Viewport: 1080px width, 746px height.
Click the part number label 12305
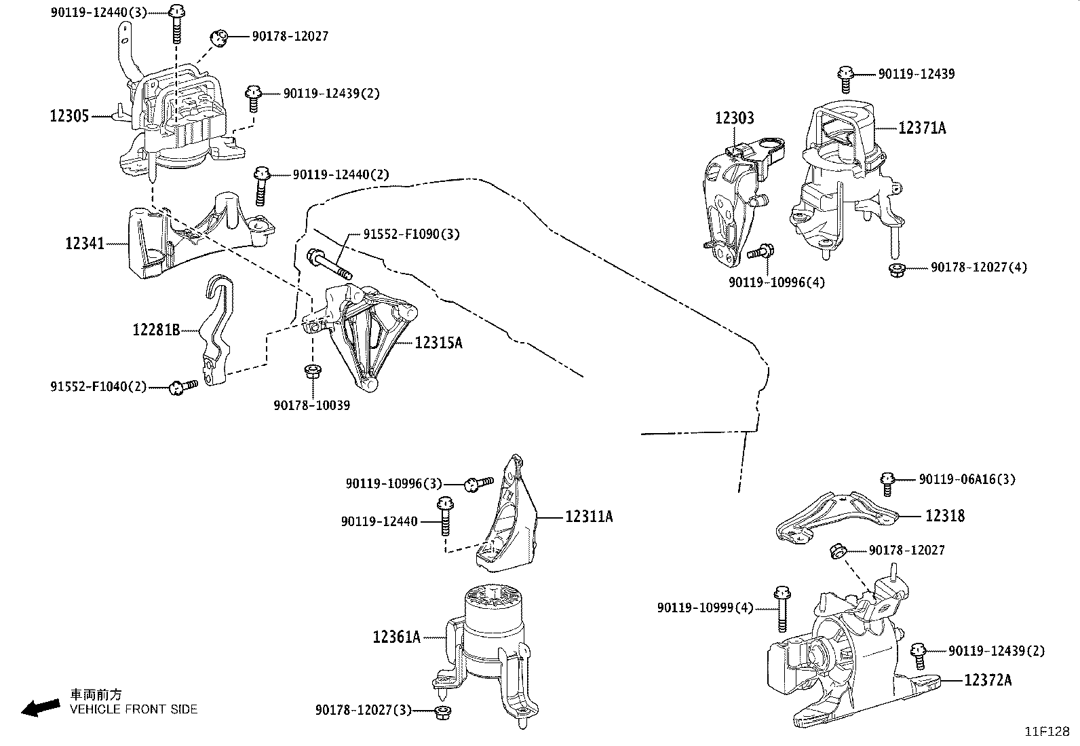[x=69, y=116]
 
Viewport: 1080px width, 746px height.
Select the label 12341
[x=85, y=242]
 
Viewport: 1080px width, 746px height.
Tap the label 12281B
[x=156, y=331]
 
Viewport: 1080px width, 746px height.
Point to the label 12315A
[x=438, y=343]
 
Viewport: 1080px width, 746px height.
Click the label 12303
[x=734, y=119]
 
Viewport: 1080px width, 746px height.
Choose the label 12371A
[x=922, y=128]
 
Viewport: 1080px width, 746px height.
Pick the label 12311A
[x=589, y=517]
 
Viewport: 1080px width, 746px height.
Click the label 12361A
[x=396, y=637]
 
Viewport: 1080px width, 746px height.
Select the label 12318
[x=945, y=516]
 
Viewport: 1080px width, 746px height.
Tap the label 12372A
[x=987, y=680]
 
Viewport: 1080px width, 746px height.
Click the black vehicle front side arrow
[x=39, y=708]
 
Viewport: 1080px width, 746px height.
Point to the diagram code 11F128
[x=1046, y=732]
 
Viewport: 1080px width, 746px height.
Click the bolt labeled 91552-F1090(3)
[x=328, y=264]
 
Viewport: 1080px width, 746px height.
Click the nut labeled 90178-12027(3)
[x=443, y=711]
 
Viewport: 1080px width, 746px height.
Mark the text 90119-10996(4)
[x=777, y=282]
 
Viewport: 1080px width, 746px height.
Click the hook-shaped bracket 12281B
[x=217, y=333]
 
